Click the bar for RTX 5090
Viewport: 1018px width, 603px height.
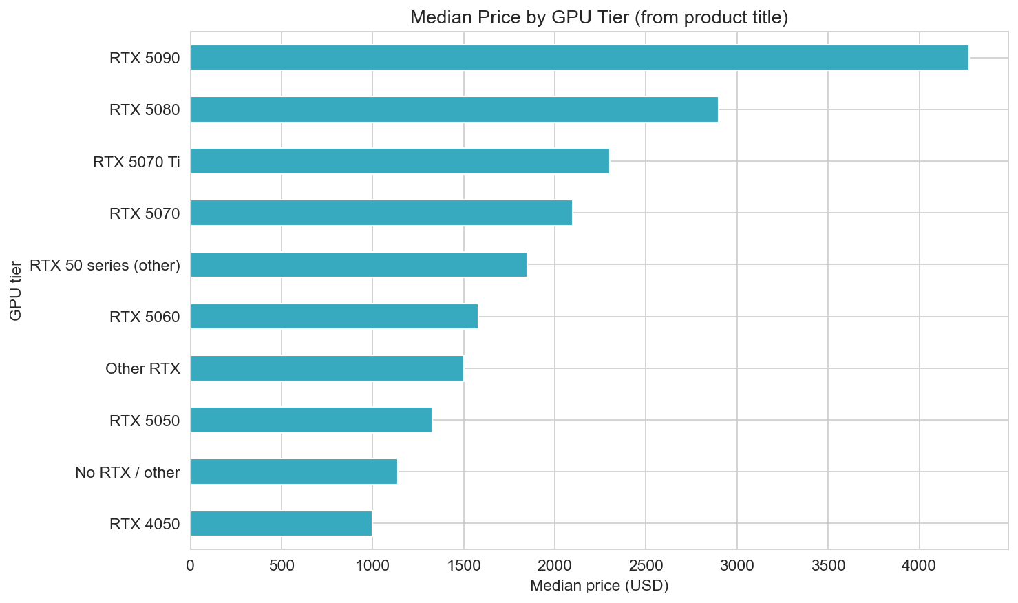click(x=579, y=58)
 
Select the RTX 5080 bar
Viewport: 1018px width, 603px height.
click(x=454, y=109)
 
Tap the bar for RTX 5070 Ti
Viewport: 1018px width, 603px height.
click(x=399, y=161)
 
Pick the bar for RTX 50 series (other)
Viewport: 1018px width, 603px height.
click(x=358, y=264)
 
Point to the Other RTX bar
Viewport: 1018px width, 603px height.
click(x=326, y=368)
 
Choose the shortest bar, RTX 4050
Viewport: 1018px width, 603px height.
click(x=281, y=523)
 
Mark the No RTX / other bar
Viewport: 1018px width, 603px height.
click(x=293, y=472)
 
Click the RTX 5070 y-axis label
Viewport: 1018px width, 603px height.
click(x=145, y=213)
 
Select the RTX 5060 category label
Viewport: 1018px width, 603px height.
click(x=145, y=317)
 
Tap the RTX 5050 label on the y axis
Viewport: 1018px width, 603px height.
click(x=145, y=420)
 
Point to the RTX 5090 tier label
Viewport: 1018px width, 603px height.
click(x=145, y=59)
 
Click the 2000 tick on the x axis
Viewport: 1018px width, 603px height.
click(x=554, y=566)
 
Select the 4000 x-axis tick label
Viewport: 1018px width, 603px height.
click(x=919, y=566)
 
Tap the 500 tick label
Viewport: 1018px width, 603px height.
click(x=282, y=566)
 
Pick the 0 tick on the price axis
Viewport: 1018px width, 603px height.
click(x=191, y=566)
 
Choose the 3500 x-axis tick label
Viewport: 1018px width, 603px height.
click(x=827, y=566)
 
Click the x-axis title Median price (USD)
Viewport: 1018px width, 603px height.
click(x=599, y=586)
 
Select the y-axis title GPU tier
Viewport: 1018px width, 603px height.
click(x=15, y=290)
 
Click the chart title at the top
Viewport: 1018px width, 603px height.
click(x=599, y=17)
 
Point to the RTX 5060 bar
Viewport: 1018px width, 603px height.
click(x=334, y=317)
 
